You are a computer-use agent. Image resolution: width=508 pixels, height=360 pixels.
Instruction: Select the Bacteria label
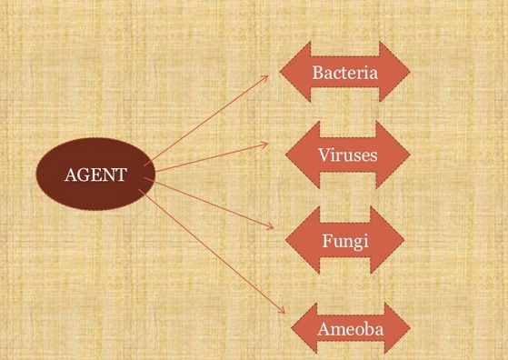[344, 71]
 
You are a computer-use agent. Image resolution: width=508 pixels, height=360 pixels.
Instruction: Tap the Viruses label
[347, 155]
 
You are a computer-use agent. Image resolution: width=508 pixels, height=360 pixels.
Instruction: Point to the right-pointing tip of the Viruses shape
[410, 155]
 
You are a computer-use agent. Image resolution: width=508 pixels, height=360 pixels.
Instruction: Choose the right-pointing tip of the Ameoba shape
[409, 327]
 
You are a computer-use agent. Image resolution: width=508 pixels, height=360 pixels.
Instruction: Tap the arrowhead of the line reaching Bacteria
[267, 75]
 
